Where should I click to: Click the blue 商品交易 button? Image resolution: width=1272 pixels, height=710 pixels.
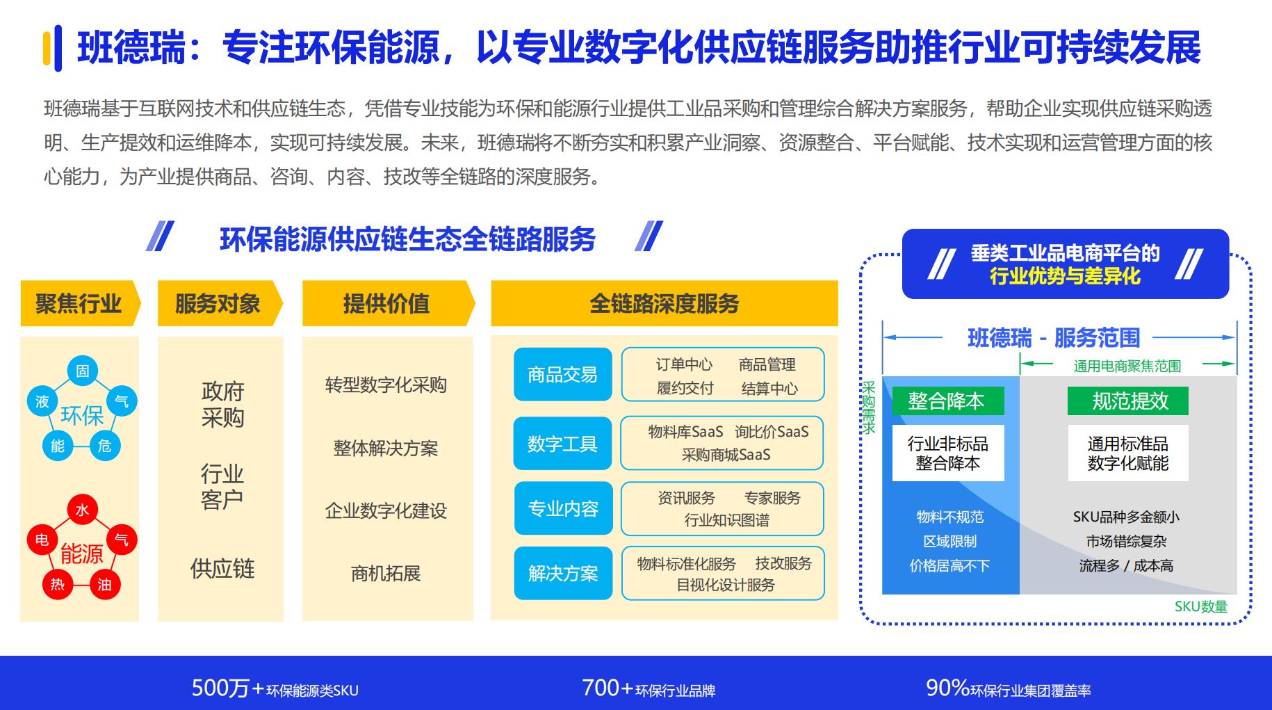coord(562,375)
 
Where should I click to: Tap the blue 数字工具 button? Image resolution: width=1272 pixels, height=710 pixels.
coord(562,444)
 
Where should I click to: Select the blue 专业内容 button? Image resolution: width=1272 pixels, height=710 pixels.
coord(563,508)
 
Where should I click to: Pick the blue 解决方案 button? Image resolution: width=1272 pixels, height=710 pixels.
coord(563,573)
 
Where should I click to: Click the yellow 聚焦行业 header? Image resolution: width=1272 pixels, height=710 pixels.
coord(79,303)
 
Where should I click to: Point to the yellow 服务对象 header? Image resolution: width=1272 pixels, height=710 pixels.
coord(218,303)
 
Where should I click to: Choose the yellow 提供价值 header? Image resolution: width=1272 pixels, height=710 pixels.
coord(386,303)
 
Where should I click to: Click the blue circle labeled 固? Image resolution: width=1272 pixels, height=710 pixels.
coord(83,371)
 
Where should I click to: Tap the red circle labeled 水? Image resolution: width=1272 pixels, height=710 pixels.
coord(83,510)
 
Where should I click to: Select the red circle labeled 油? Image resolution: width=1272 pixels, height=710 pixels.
coord(105,584)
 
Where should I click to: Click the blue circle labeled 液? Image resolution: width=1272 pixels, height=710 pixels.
coord(42,401)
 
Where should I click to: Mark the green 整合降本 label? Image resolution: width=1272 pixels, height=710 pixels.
coord(946,401)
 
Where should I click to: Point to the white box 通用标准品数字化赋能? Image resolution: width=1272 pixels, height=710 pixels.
coord(1128,453)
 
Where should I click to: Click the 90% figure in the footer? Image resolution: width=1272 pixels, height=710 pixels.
coord(947,688)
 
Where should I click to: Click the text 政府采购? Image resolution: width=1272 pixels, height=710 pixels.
coord(222,404)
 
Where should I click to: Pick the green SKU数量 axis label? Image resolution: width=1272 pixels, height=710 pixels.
coord(1200,606)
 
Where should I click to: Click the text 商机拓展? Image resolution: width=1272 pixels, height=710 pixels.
coord(386,574)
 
